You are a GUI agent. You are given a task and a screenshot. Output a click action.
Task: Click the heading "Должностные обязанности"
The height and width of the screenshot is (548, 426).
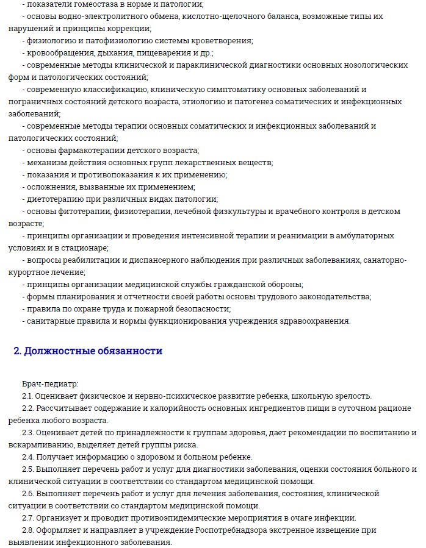click(x=88, y=351)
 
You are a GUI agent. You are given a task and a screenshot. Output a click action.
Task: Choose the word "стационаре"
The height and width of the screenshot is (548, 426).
click(x=87, y=247)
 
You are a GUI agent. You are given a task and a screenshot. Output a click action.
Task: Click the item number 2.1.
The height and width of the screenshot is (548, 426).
click(x=28, y=396)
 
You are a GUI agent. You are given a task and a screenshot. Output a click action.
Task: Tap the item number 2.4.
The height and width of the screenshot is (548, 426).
click(x=28, y=457)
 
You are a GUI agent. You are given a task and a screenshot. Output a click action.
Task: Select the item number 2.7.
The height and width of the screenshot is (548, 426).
click(x=28, y=518)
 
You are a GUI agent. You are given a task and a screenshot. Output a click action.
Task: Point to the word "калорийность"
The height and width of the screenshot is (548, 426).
click(x=167, y=408)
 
